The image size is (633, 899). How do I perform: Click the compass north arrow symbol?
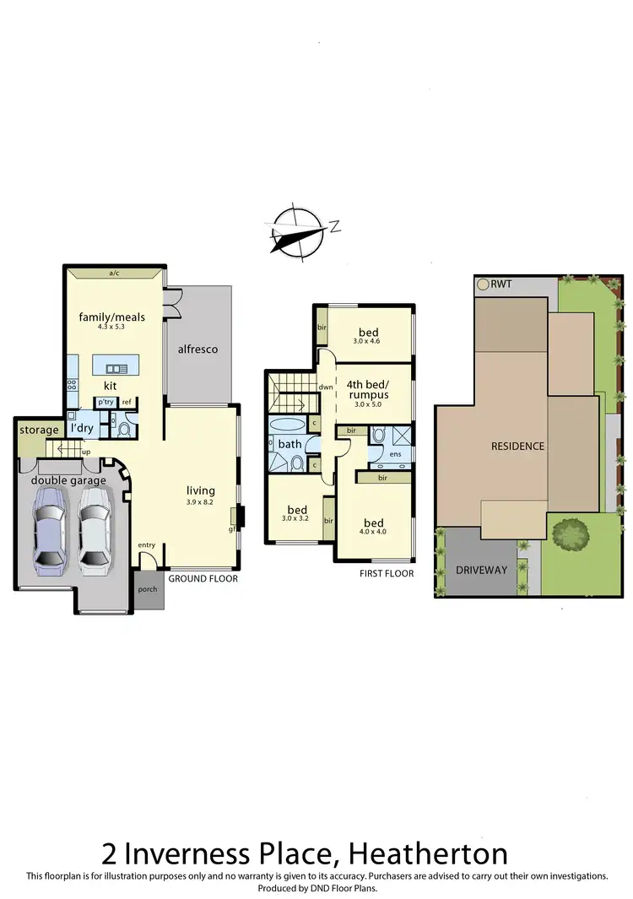click(297, 229)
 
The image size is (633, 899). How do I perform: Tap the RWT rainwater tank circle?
click(483, 284)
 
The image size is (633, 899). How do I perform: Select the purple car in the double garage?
click(48, 532)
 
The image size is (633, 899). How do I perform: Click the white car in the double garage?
click(95, 532)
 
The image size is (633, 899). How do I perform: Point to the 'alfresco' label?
click(198, 348)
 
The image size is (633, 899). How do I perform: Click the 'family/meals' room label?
click(111, 317)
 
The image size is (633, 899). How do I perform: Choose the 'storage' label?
click(39, 431)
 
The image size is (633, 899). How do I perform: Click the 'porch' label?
click(147, 588)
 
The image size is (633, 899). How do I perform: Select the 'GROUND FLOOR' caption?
click(203, 579)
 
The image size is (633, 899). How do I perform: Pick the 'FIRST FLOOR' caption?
click(387, 573)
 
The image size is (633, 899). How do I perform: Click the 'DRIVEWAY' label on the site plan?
click(482, 570)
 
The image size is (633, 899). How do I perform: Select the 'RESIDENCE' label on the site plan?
click(518, 446)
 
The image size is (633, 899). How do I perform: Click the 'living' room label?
click(201, 490)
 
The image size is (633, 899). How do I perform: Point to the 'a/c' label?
click(113, 273)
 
